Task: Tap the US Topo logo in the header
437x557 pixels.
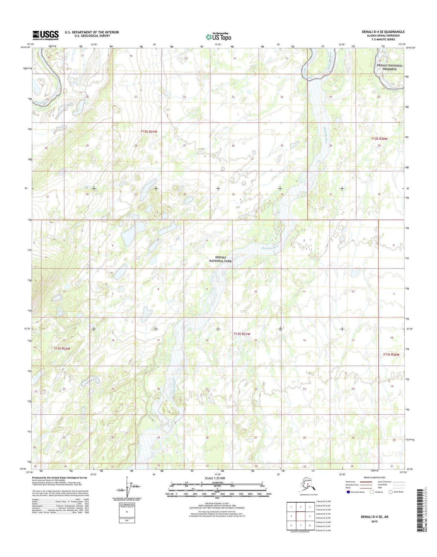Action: click(218, 37)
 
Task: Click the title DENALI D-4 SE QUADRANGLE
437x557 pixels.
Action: click(383, 32)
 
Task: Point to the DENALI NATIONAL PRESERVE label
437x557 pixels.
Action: click(389, 67)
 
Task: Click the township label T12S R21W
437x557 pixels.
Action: click(149, 132)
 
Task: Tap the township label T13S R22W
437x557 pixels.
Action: click(62, 349)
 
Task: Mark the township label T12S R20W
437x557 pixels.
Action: click(379, 139)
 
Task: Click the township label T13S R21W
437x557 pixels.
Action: click(242, 334)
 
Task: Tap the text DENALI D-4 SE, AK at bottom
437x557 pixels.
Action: click(374, 517)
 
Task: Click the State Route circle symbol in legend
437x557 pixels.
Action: click(391, 492)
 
